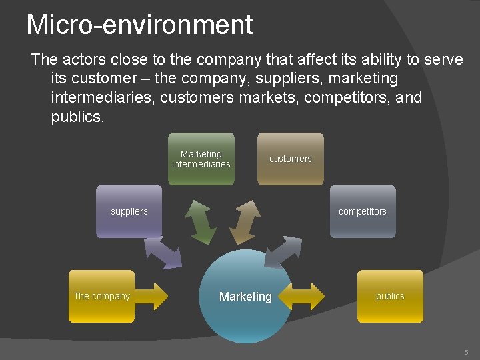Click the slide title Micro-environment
(139, 25)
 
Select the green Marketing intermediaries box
(201, 159)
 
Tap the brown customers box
(290, 159)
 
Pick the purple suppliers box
(129, 211)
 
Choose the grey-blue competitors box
(362, 211)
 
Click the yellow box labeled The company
(101, 296)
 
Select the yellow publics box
(390, 296)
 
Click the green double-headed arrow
(200, 222)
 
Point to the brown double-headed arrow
(245, 222)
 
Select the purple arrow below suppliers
(163, 253)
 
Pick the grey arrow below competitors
(283, 252)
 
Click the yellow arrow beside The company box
(151, 296)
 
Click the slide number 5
(466, 351)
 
